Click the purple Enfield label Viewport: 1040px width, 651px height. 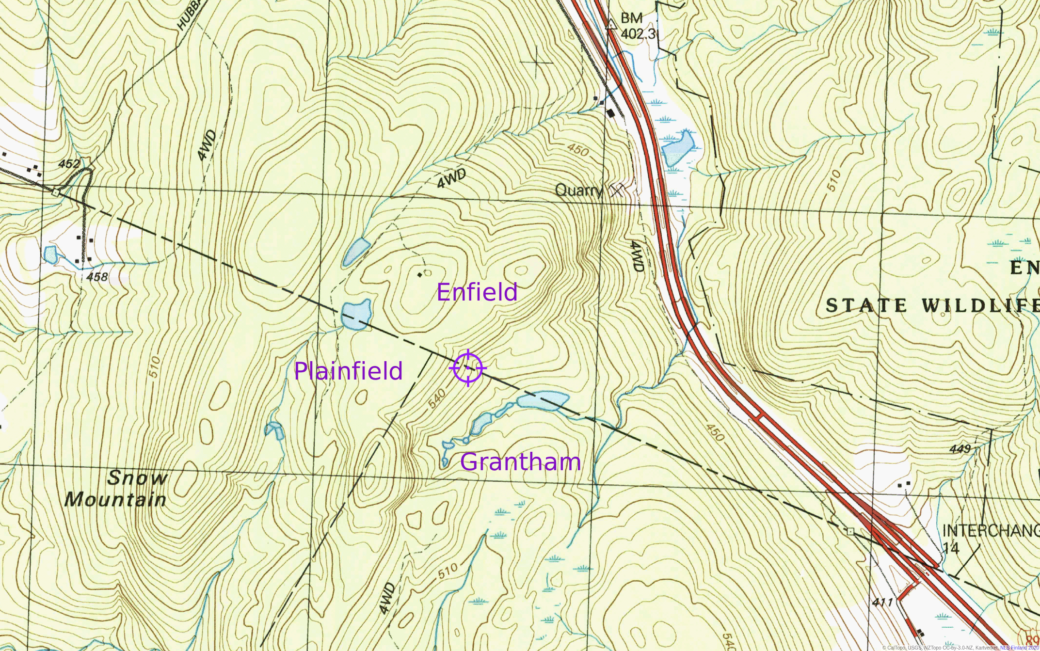(477, 292)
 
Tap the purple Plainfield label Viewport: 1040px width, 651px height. (348, 371)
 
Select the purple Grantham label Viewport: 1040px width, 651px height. (520, 462)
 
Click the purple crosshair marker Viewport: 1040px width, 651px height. (468, 368)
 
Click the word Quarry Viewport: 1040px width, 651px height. (578, 190)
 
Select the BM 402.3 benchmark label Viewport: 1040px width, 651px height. (637, 26)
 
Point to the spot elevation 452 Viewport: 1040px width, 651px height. (69, 164)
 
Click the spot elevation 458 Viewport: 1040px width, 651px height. (97, 277)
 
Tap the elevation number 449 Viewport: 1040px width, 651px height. (960, 449)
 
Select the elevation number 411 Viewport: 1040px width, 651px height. (882, 602)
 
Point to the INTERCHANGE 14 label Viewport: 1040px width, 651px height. (989, 538)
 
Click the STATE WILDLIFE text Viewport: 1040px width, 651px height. (931, 305)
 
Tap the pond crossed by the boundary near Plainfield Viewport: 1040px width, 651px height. (355, 315)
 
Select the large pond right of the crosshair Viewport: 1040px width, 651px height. (542, 401)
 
